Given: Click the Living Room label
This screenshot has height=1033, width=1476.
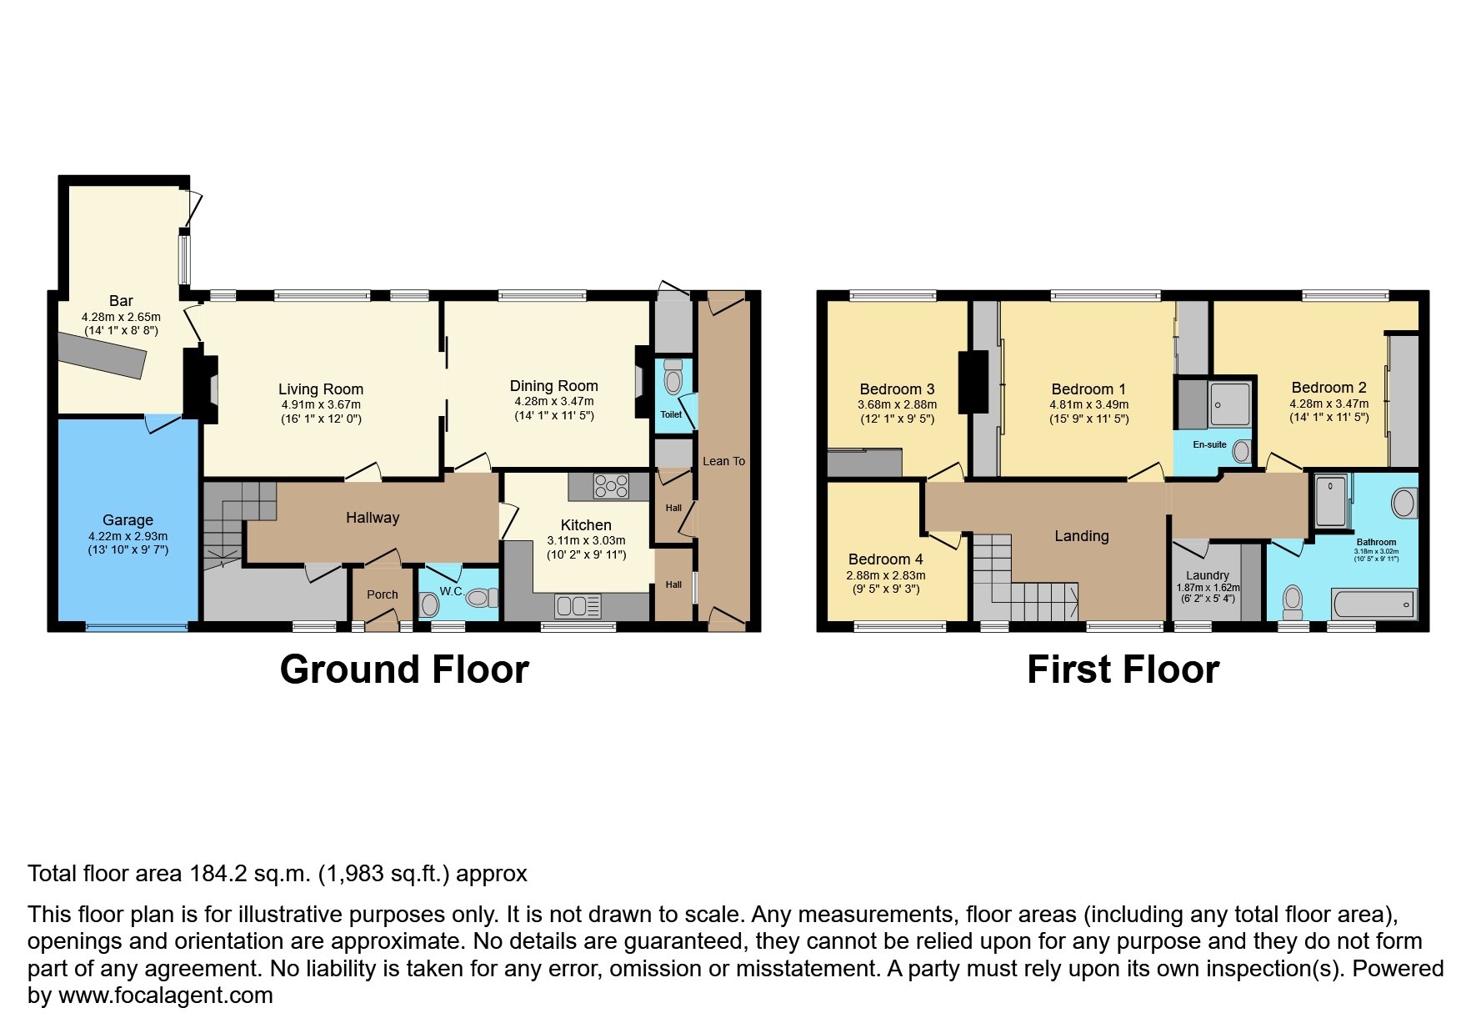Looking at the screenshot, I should pyautogui.click(x=320, y=389).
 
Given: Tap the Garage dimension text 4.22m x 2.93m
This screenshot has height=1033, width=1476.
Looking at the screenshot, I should pyautogui.click(x=128, y=536).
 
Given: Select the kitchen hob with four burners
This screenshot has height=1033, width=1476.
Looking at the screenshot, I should pyautogui.click(x=611, y=485).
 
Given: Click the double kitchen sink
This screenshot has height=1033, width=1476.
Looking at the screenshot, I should pyautogui.click(x=578, y=605).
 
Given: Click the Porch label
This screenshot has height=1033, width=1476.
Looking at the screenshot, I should pyautogui.click(x=383, y=594).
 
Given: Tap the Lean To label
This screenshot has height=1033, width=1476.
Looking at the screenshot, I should pyautogui.click(x=723, y=461).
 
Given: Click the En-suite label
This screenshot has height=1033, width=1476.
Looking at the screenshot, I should pyautogui.click(x=1209, y=444).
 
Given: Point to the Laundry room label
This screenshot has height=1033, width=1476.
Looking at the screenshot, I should pyautogui.click(x=1207, y=575).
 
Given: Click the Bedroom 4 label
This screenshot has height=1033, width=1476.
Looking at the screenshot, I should pyautogui.click(x=885, y=559).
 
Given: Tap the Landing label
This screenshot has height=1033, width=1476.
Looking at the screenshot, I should pyautogui.click(x=1081, y=536).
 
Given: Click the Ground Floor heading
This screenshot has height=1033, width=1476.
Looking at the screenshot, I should pyautogui.click(x=404, y=669).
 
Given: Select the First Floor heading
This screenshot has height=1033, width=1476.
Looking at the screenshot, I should pyautogui.click(x=1123, y=669).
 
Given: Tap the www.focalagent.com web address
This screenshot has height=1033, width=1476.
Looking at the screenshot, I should pyautogui.click(x=165, y=995).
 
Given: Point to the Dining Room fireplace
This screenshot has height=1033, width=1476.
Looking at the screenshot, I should pyautogui.click(x=640, y=382).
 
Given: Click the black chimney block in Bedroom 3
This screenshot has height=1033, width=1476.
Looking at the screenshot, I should pyautogui.click(x=973, y=382).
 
